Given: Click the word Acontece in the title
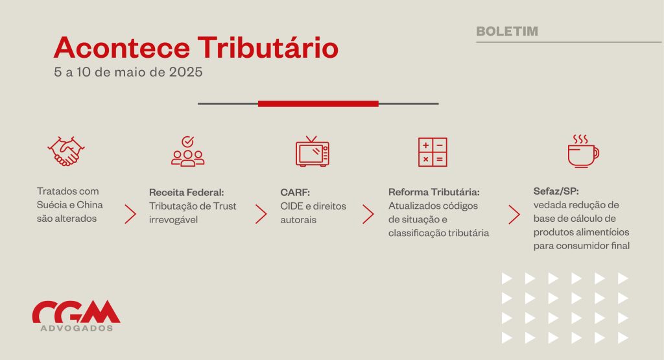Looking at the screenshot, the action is [122, 47].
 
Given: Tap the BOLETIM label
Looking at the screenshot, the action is [507, 31].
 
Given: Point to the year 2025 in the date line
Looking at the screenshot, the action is [186, 72].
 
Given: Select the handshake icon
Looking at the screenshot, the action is [66, 151].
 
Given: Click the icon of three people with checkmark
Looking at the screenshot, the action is [187, 151].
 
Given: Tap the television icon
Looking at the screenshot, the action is [313, 151].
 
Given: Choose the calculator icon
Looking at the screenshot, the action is [433, 152].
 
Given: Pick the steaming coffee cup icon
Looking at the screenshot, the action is [583, 151].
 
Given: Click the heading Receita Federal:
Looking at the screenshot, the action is [186, 192].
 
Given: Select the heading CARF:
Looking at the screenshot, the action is [295, 192].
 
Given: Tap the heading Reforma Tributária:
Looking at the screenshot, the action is [434, 192].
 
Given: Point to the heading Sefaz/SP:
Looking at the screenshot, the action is [556, 191].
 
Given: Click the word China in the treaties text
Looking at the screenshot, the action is [89, 205].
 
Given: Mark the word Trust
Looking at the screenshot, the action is [224, 206].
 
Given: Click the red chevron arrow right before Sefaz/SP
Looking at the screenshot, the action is [514, 215].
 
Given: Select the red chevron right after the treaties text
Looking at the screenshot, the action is [130, 214].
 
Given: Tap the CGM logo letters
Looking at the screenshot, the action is [77, 312].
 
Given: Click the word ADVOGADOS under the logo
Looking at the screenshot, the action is [77, 328].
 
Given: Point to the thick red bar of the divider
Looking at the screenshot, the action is [318, 104].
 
